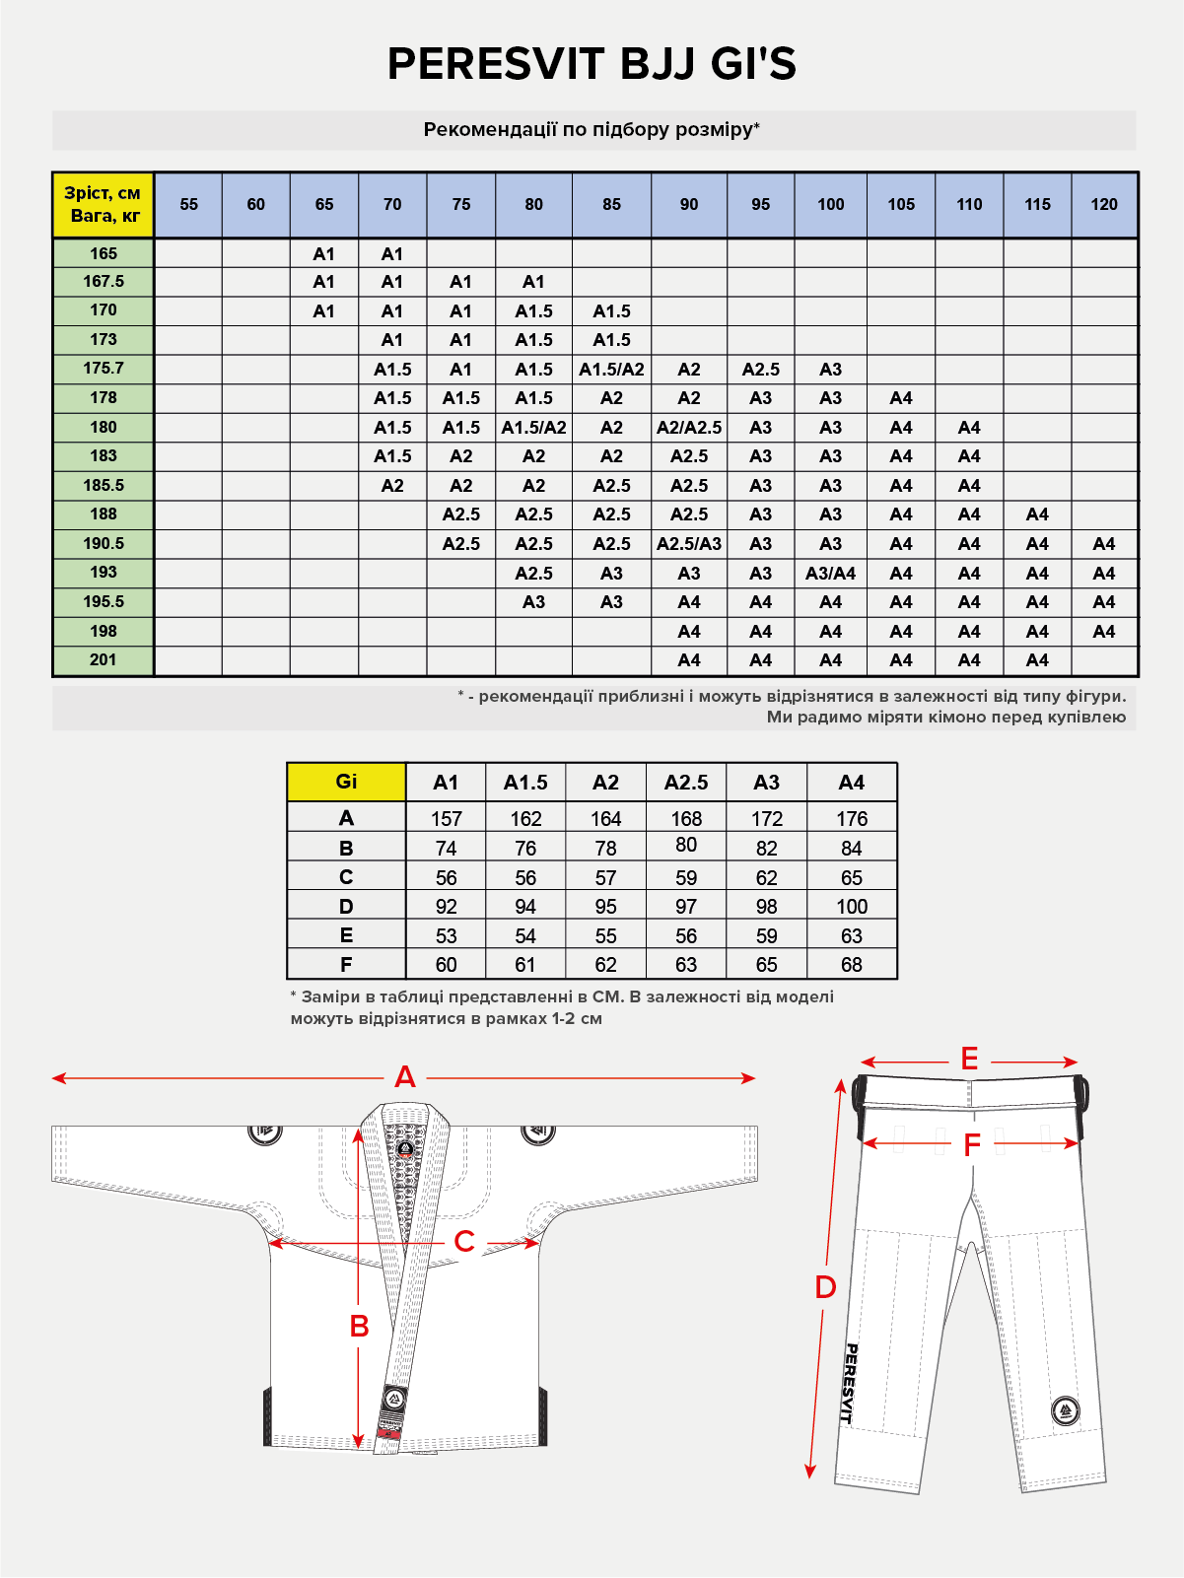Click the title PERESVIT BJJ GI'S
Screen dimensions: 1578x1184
(x=592, y=64)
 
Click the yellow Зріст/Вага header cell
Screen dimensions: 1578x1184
(x=103, y=204)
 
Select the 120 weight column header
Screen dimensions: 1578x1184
(x=1103, y=204)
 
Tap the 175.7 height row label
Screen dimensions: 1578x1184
(x=103, y=368)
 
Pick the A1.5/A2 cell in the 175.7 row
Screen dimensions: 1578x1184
(x=611, y=369)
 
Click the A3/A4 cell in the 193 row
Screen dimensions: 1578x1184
(x=830, y=573)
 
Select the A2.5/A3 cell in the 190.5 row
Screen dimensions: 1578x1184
(x=688, y=543)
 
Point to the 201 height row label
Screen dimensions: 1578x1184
(x=103, y=659)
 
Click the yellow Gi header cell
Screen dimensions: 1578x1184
(x=346, y=782)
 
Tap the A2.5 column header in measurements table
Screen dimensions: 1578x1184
(x=685, y=783)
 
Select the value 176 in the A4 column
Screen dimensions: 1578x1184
(x=851, y=818)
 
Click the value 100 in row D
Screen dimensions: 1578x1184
(x=851, y=906)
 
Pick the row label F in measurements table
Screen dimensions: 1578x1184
(x=346, y=964)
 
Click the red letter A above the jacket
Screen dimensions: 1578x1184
(x=404, y=1077)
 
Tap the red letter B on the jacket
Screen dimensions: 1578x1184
(x=359, y=1326)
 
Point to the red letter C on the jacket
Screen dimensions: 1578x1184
(x=463, y=1241)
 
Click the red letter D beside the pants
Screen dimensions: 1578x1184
(x=825, y=1286)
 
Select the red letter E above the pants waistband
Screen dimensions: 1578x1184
(x=969, y=1060)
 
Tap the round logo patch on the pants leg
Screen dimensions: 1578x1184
(x=1065, y=1410)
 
